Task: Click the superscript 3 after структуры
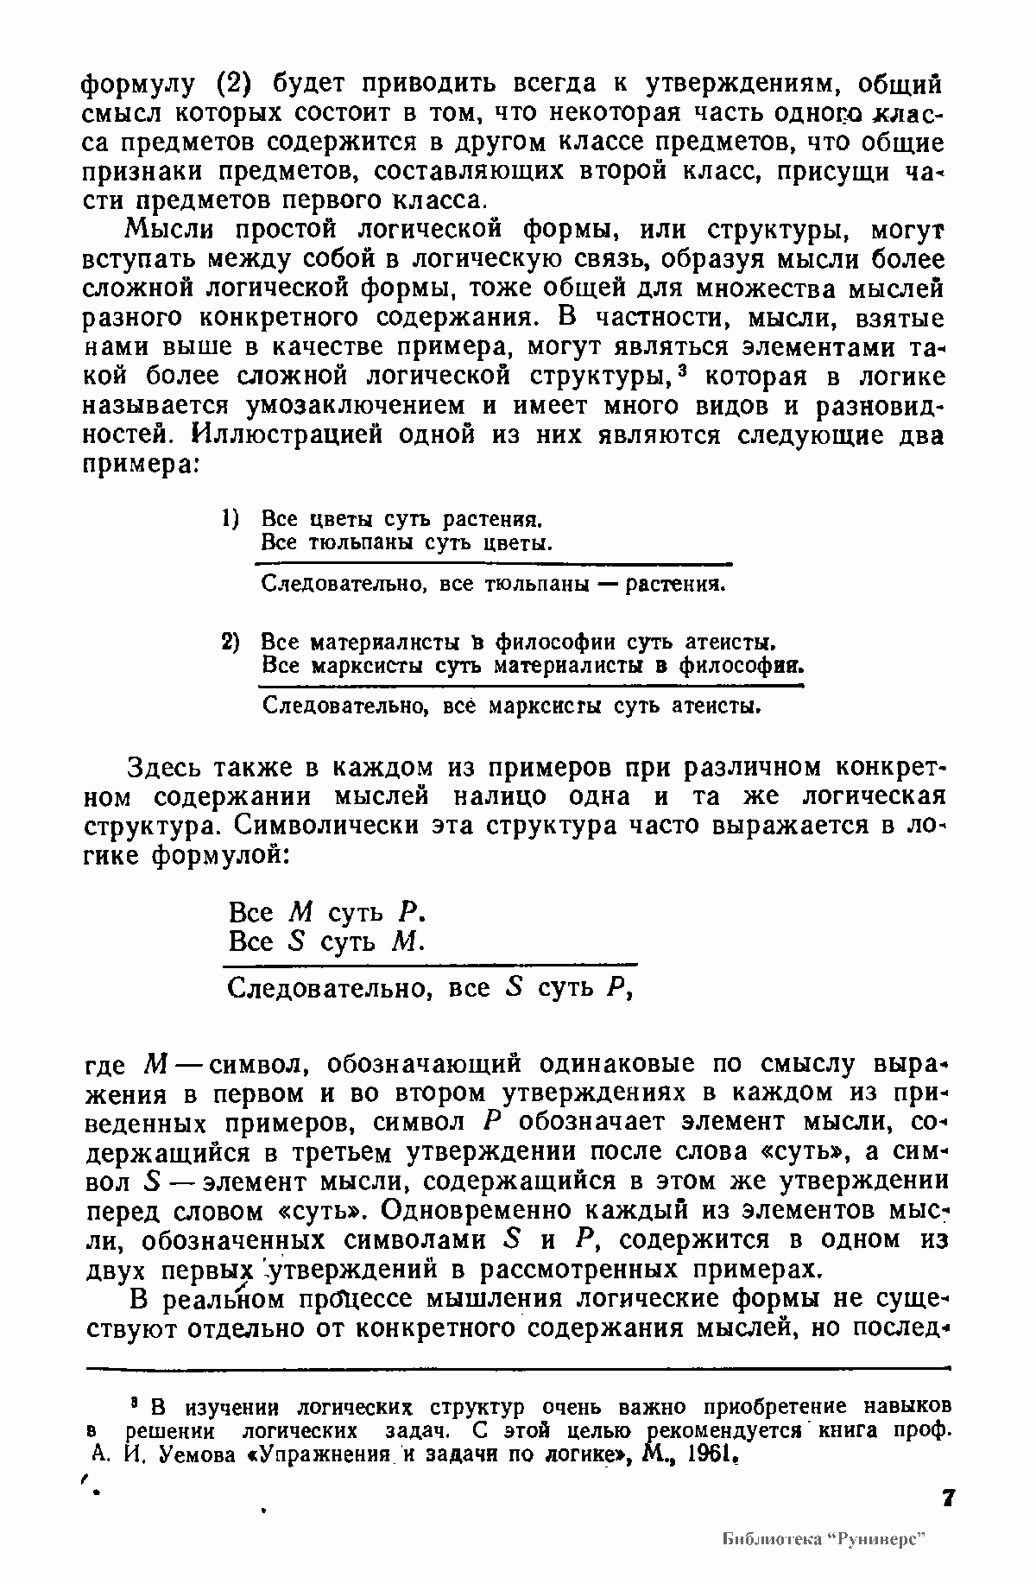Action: pyautogui.click(x=682, y=371)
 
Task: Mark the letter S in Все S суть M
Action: pyautogui.click(x=298, y=941)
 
